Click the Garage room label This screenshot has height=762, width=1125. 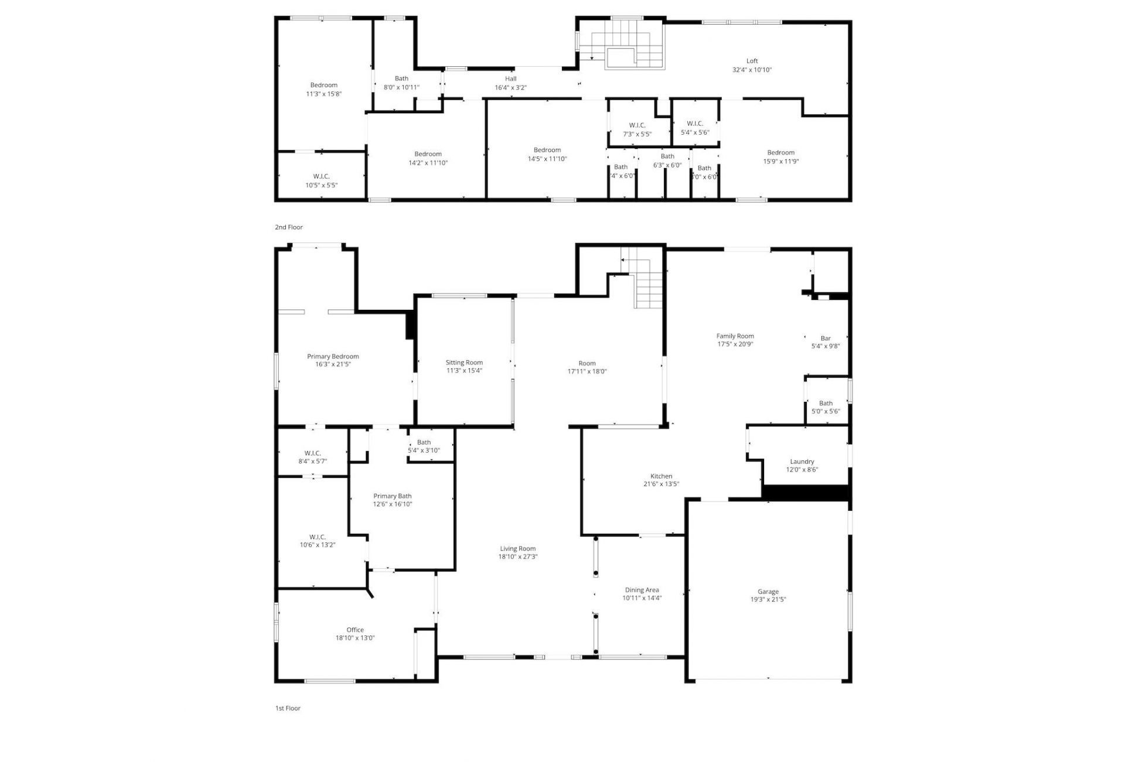tap(768, 592)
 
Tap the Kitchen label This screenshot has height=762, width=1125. tap(661, 476)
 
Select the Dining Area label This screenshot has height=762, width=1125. tap(642, 590)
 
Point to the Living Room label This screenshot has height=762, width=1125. tap(517, 549)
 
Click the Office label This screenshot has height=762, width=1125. tap(355, 630)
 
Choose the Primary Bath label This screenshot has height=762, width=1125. tap(392, 496)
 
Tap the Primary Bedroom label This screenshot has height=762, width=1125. tap(333, 356)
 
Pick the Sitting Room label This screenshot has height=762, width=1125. tap(464, 363)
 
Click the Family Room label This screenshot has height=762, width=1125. tap(735, 336)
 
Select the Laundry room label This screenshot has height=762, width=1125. tap(802, 462)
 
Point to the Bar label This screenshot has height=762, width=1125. tap(825, 338)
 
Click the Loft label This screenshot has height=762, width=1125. tap(752, 61)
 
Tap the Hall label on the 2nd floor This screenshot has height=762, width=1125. tap(510, 78)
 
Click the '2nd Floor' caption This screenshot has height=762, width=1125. tap(289, 227)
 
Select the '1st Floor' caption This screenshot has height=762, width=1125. tap(288, 708)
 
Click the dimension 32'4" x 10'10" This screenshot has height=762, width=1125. tap(752, 70)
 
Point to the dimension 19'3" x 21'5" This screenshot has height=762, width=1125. tap(768, 600)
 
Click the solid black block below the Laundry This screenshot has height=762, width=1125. tap(806, 493)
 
